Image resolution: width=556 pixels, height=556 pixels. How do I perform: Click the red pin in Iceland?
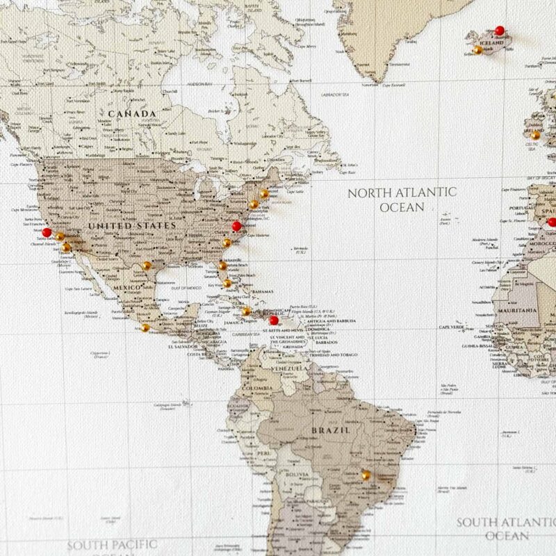tap(499, 31)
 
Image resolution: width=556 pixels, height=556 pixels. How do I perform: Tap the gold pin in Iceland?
tap(477, 50)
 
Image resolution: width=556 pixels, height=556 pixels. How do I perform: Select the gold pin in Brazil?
tap(366, 475)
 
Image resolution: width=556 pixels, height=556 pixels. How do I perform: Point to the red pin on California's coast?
tap(47, 233)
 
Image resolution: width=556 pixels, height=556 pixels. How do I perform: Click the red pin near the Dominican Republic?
tap(274, 320)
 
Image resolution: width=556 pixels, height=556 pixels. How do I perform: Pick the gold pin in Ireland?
tap(535, 135)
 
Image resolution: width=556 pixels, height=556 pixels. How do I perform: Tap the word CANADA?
tap(131, 113)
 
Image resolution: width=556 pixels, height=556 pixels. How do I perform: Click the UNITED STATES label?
tap(131, 226)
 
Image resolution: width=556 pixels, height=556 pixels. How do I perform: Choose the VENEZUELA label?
tap(291, 368)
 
